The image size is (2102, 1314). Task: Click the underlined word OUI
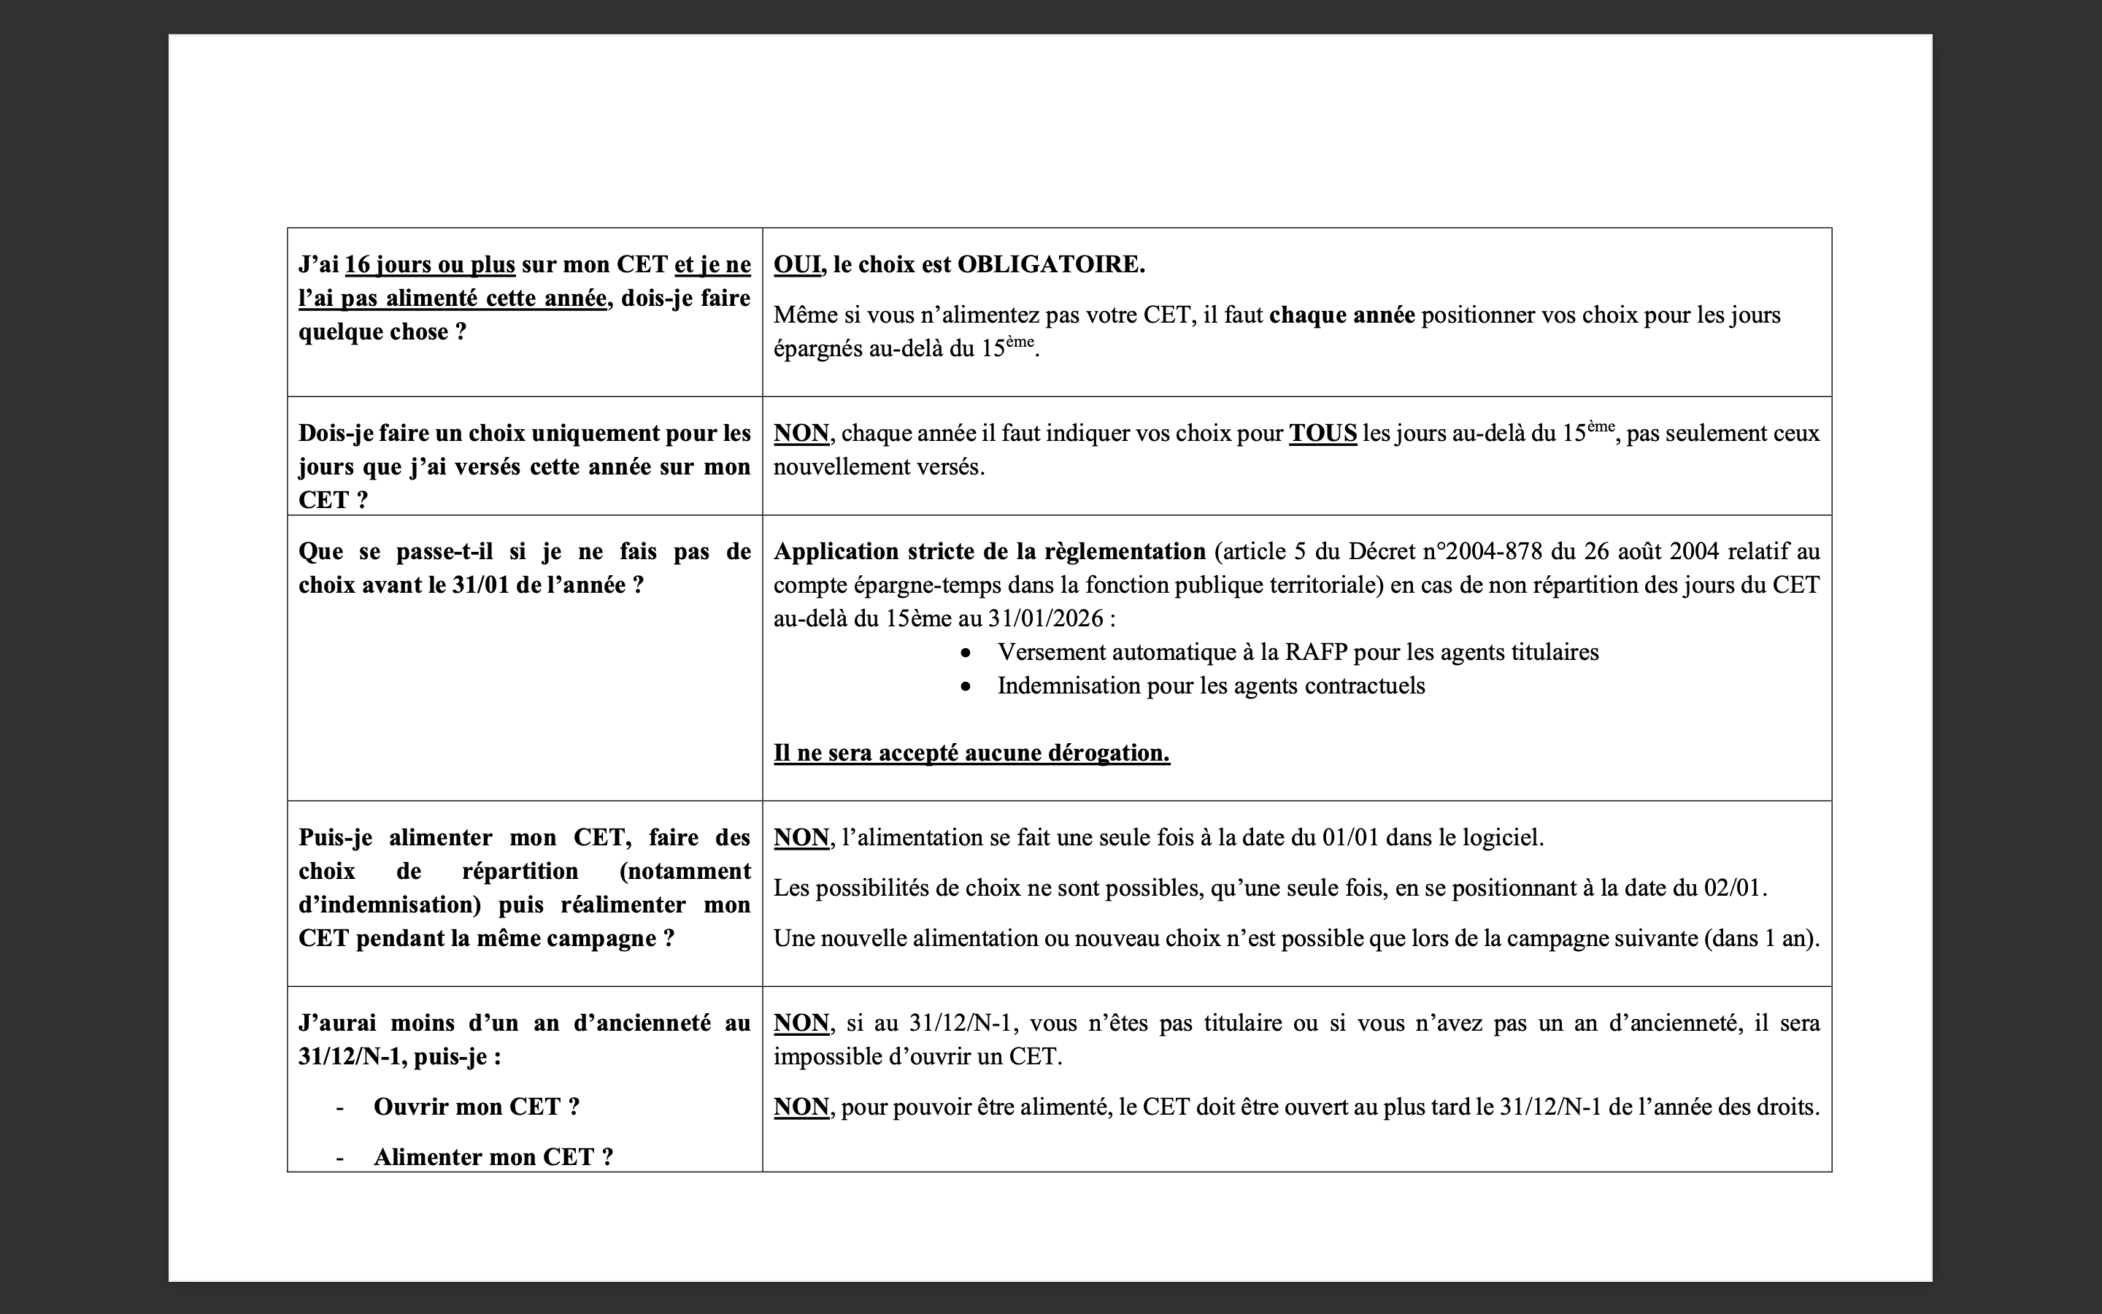click(796, 264)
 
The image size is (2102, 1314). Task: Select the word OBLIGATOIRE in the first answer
click(1050, 264)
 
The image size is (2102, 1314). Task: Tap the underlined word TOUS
click(1322, 433)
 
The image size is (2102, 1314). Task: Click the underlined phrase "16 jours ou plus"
click(430, 264)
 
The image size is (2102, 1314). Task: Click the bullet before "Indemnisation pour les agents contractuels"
click(966, 686)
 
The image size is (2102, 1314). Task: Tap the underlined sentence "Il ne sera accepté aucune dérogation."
click(971, 753)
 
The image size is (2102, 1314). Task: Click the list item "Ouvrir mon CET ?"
click(476, 1107)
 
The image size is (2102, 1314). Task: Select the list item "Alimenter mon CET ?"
click(493, 1158)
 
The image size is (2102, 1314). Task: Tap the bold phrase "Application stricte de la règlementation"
click(990, 551)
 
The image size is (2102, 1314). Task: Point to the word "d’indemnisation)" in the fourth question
click(389, 904)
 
